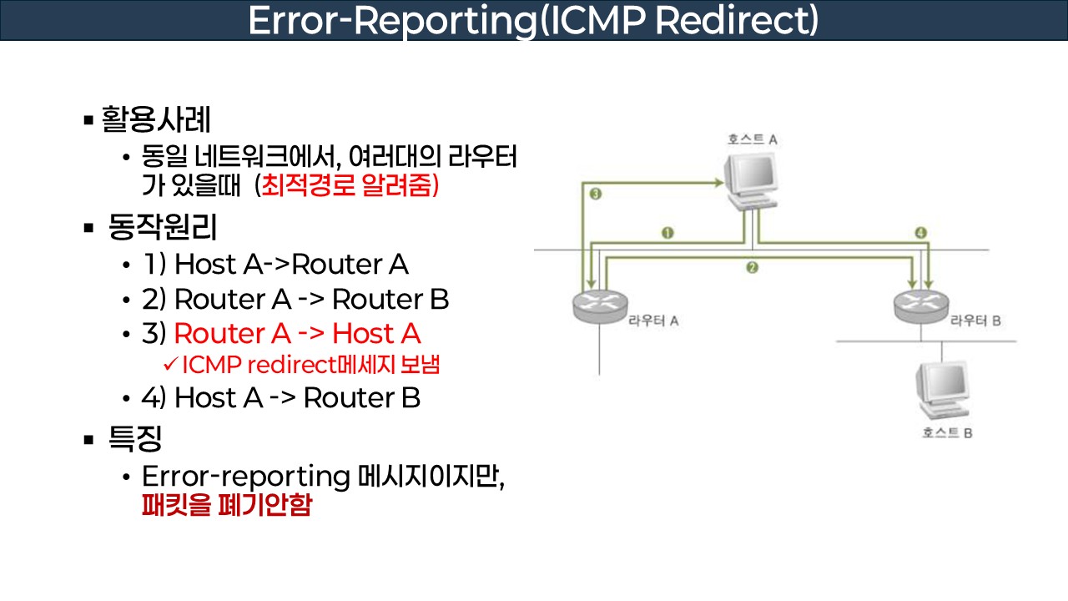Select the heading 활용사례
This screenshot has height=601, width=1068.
click(x=156, y=119)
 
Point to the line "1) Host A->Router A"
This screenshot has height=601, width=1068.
click(x=275, y=265)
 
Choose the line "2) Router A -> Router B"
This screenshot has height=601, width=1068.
click(x=295, y=299)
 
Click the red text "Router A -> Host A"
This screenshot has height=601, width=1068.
click(x=297, y=334)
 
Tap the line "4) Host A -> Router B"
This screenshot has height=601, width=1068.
click(x=281, y=398)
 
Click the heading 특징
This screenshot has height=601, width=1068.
click(x=134, y=437)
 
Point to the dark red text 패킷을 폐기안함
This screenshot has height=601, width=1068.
click(x=226, y=506)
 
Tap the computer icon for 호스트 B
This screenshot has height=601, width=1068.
click(x=942, y=391)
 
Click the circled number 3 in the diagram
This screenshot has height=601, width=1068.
click(x=595, y=194)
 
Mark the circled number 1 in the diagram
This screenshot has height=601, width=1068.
click(x=667, y=233)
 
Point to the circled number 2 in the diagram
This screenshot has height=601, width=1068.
click(x=752, y=268)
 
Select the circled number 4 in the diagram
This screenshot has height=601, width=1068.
click(x=920, y=233)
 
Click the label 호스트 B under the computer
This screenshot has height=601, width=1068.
click(x=948, y=432)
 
